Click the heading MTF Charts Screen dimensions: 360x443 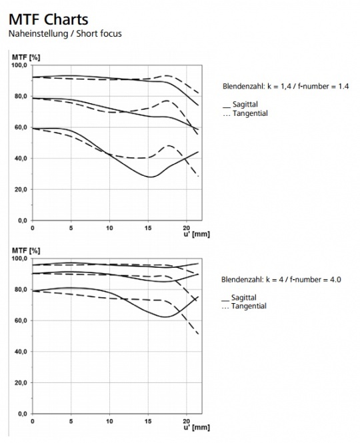(49, 19)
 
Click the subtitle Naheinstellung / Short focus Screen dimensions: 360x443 (65, 33)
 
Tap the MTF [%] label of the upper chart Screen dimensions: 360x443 (26, 58)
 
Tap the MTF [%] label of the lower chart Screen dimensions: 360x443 (26, 251)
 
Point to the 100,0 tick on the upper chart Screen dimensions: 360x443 (19, 65)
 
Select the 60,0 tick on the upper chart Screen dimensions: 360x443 (21, 127)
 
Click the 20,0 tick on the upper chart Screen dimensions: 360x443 (21, 190)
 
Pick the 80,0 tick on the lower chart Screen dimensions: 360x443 (21, 290)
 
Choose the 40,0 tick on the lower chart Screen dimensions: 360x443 (21, 352)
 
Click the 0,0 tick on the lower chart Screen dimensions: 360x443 (23, 414)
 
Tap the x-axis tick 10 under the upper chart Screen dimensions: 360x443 (109, 228)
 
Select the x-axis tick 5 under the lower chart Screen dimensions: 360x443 (71, 421)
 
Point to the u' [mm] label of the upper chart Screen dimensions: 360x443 (197, 234)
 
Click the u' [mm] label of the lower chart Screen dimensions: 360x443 (197, 428)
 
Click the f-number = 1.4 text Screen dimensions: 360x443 (323, 86)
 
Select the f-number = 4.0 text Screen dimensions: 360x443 (315, 280)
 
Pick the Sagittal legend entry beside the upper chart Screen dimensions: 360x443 (240, 104)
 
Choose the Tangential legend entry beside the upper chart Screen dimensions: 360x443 (245, 113)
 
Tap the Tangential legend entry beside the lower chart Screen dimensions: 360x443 (244, 306)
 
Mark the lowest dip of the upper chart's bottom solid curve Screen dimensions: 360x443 (151, 177)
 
